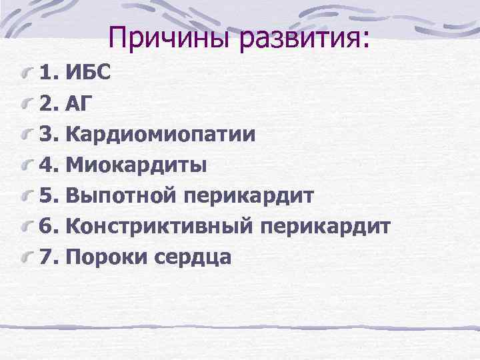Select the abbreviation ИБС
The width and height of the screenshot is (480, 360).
89,71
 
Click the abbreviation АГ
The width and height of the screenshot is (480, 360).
82,103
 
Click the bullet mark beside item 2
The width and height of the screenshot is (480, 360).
27,103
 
